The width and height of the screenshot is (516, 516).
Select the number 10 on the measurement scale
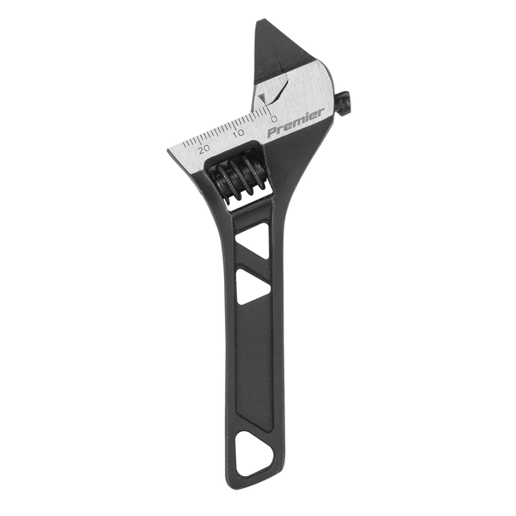point(238,134)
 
